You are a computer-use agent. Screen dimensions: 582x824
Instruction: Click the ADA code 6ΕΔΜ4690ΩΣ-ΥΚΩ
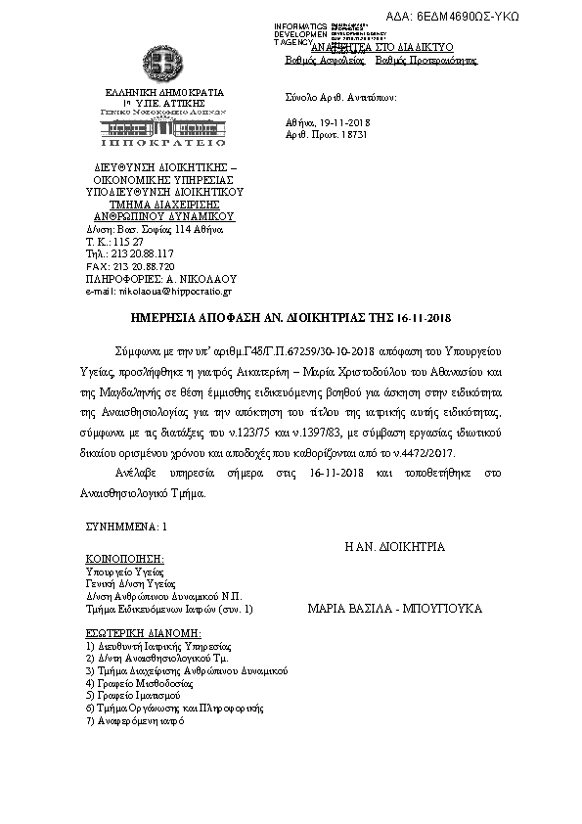pyautogui.click(x=508, y=19)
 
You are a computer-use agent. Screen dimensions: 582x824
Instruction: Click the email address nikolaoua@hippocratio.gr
pyautogui.click(x=160, y=291)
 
